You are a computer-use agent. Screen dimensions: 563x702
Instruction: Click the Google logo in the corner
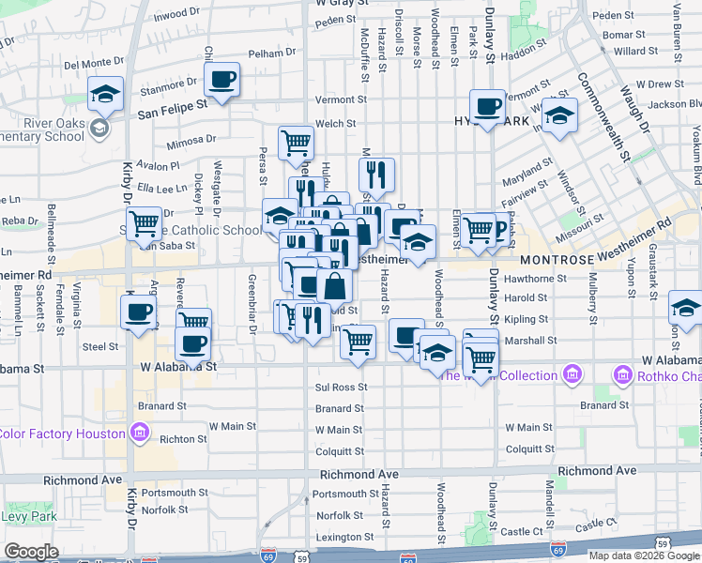point(32,552)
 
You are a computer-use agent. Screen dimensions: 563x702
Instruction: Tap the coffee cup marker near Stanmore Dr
point(221,80)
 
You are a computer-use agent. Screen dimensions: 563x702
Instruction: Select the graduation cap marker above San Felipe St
point(105,94)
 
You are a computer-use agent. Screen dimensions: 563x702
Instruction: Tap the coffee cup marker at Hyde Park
point(486,107)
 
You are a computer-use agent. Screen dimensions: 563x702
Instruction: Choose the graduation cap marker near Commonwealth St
point(559,115)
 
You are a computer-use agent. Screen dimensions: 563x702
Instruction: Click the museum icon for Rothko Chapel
point(620,376)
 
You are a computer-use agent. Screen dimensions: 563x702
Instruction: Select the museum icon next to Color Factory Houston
point(140,433)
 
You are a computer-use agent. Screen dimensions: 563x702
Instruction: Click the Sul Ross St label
point(341,387)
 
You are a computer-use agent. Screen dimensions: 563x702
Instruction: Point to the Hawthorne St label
point(536,279)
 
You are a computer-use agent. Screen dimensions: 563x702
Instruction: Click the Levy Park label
point(28,516)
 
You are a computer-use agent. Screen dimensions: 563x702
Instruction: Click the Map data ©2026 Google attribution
point(644,555)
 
